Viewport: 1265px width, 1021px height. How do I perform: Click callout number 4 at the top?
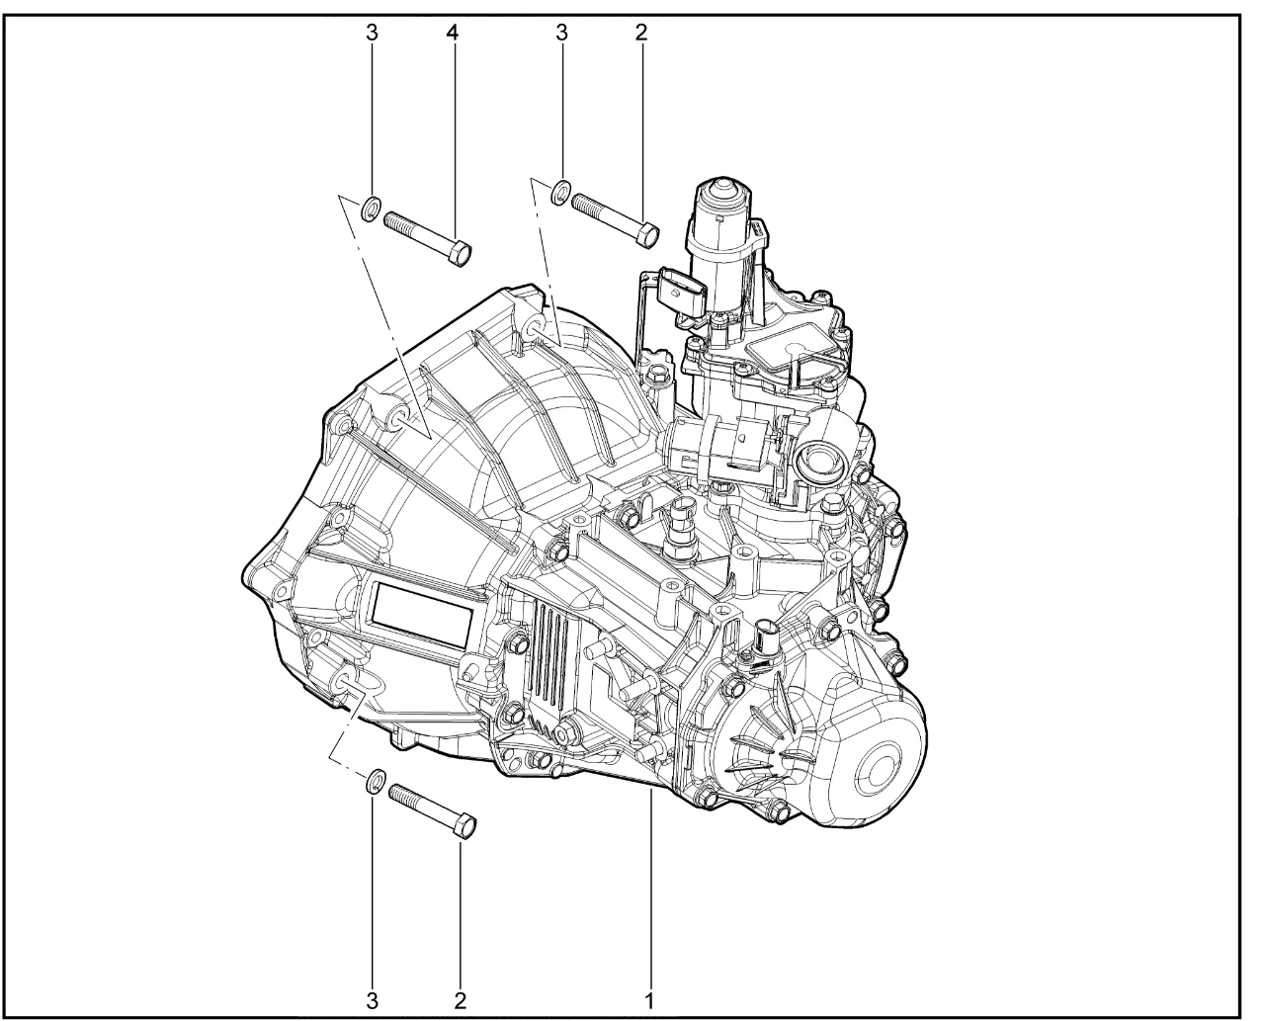(453, 34)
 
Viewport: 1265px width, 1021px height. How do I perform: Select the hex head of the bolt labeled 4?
(460, 254)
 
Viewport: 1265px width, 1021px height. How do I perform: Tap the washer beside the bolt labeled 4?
(372, 208)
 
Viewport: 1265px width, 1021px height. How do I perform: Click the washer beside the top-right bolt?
(560, 191)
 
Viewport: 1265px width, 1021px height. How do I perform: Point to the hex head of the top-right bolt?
(646, 236)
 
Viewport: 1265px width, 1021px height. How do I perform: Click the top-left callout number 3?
(372, 34)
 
